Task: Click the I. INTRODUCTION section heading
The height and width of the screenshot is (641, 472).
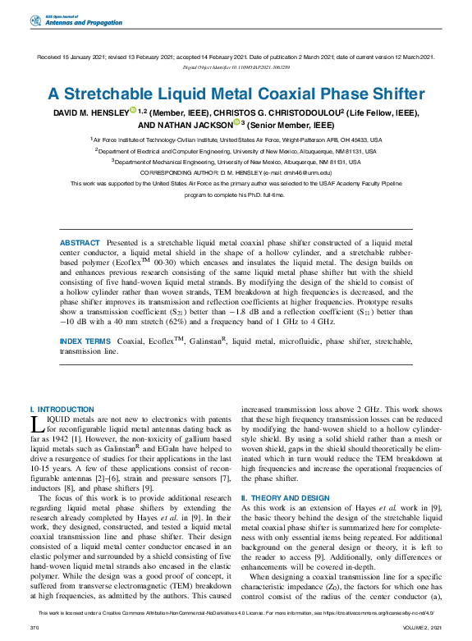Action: point(62,409)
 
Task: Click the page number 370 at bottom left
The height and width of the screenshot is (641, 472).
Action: point(34,627)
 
